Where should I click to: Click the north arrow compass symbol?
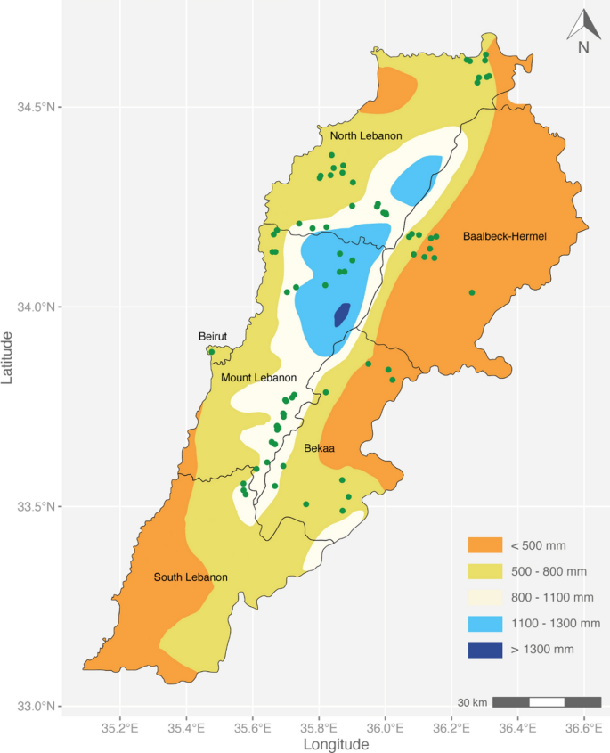pyautogui.click(x=582, y=31)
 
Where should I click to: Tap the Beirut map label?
pyautogui.click(x=213, y=336)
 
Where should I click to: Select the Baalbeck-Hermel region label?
pyautogui.click(x=504, y=236)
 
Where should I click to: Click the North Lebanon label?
pyautogui.click(x=366, y=136)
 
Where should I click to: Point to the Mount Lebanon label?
pyautogui.click(x=258, y=378)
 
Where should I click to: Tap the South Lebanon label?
pyautogui.click(x=191, y=577)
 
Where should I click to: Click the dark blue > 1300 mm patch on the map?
pyautogui.click(x=341, y=315)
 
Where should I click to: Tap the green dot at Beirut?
pyautogui.click(x=211, y=352)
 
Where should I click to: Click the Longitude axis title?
pyautogui.click(x=336, y=743)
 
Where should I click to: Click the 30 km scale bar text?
pyautogui.click(x=472, y=703)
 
